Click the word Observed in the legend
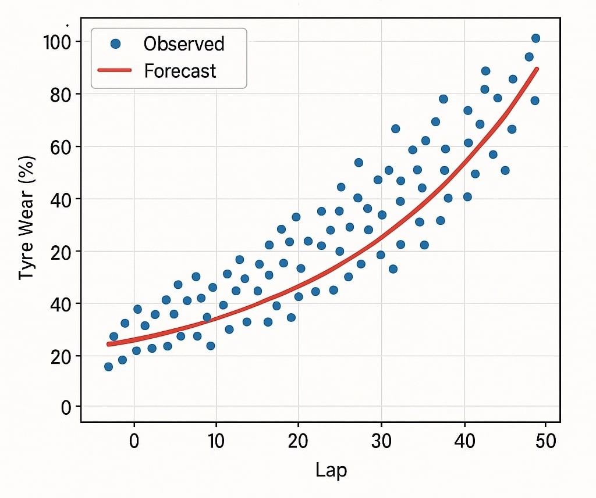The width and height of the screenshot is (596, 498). [184, 44]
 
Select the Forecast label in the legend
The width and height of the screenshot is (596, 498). [180, 71]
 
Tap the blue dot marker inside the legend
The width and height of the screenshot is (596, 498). [115, 44]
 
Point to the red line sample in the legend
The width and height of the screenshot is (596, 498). [115, 71]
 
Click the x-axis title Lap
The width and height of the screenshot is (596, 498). [331, 470]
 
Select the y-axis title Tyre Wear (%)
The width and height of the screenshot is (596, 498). [27, 217]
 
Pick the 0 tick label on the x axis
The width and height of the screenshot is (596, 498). [134, 440]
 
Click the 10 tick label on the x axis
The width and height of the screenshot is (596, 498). [216, 440]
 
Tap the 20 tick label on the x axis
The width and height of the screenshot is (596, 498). [298, 440]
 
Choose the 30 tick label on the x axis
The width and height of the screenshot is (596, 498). [381, 440]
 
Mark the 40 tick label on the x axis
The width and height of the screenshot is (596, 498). [463, 440]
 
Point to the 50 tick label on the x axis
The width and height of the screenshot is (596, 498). [545, 440]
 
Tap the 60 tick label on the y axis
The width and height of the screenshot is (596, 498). [61, 146]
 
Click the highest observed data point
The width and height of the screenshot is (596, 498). [536, 38]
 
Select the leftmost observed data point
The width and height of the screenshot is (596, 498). [108, 367]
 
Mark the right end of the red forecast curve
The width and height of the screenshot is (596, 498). [537, 69]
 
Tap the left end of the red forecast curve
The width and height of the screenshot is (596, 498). [109, 344]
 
